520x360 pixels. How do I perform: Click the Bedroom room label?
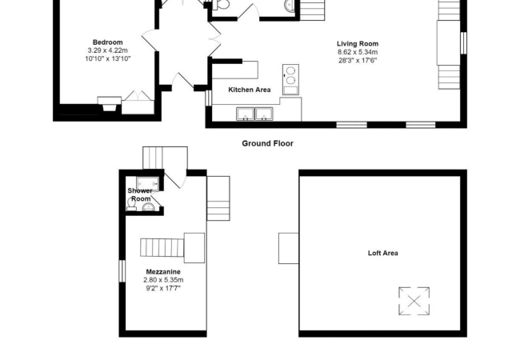coord(107,42)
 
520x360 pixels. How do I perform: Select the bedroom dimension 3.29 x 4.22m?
coord(107,50)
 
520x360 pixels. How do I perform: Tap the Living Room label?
coord(358,44)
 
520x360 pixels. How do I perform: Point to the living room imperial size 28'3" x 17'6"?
coord(358,60)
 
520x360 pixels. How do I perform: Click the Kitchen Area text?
coord(250,90)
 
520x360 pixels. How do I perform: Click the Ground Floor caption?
coord(267,143)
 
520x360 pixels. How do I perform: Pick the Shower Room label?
coord(140,194)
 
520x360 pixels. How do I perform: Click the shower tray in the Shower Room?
coord(148,182)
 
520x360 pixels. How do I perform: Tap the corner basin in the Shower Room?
coord(147,207)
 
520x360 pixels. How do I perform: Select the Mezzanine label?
coord(162,272)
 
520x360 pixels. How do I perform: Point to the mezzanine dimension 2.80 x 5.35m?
coord(163,280)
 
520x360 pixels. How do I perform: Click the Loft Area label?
coord(382,254)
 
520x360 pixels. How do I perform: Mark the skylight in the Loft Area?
coord(414,302)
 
